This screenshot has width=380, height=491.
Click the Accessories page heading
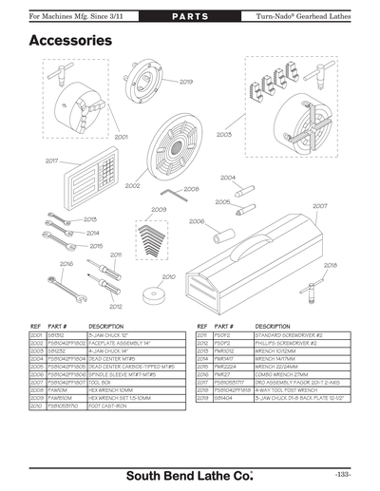point(70,41)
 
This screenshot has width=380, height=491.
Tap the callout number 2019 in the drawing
point(186,83)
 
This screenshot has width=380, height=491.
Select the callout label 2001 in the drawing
point(122,137)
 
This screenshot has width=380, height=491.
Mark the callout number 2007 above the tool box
point(320,206)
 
